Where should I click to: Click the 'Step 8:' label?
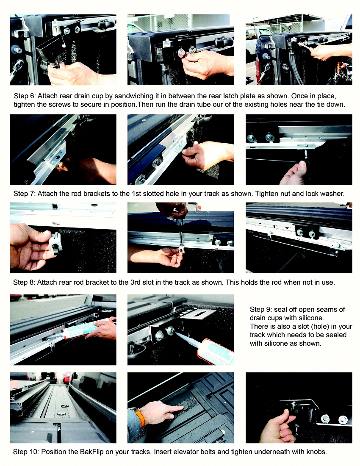pos(25,282)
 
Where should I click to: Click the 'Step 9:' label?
pos(261,309)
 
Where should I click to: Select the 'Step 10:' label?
pos(26,452)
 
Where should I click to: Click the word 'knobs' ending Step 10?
pos(316,452)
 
